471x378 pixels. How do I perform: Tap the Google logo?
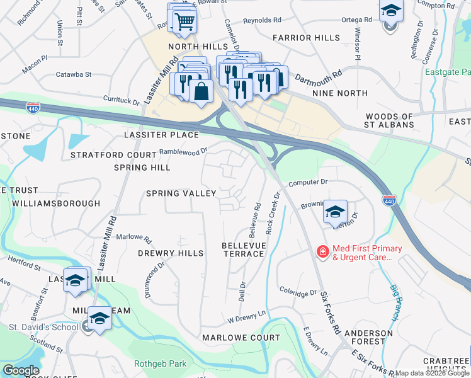click(x=21, y=370)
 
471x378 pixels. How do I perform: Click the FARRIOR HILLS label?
click(x=306, y=38)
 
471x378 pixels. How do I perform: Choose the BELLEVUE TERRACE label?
click(x=244, y=249)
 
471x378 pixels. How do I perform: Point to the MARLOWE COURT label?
click(x=241, y=338)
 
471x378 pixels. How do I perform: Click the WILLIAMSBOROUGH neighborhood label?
click(x=56, y=203)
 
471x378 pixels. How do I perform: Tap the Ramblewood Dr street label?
click(x=183, y=151)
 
